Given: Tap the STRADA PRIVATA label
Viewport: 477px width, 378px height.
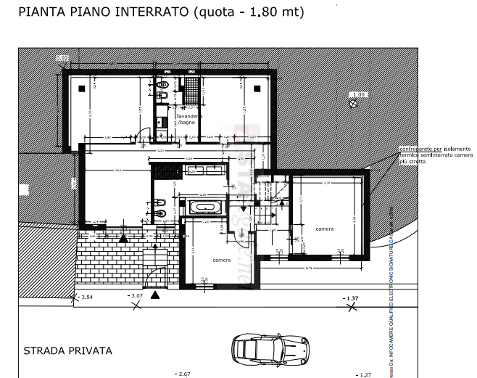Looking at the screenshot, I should click(68, 351).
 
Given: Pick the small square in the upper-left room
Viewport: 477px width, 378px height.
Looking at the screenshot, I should click(83, 87).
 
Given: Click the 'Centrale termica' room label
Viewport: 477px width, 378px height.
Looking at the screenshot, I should click(187, 120).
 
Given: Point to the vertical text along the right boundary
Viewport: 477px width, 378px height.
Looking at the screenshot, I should click(391, 290).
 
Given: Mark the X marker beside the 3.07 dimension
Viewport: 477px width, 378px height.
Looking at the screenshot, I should click(136, 305).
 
